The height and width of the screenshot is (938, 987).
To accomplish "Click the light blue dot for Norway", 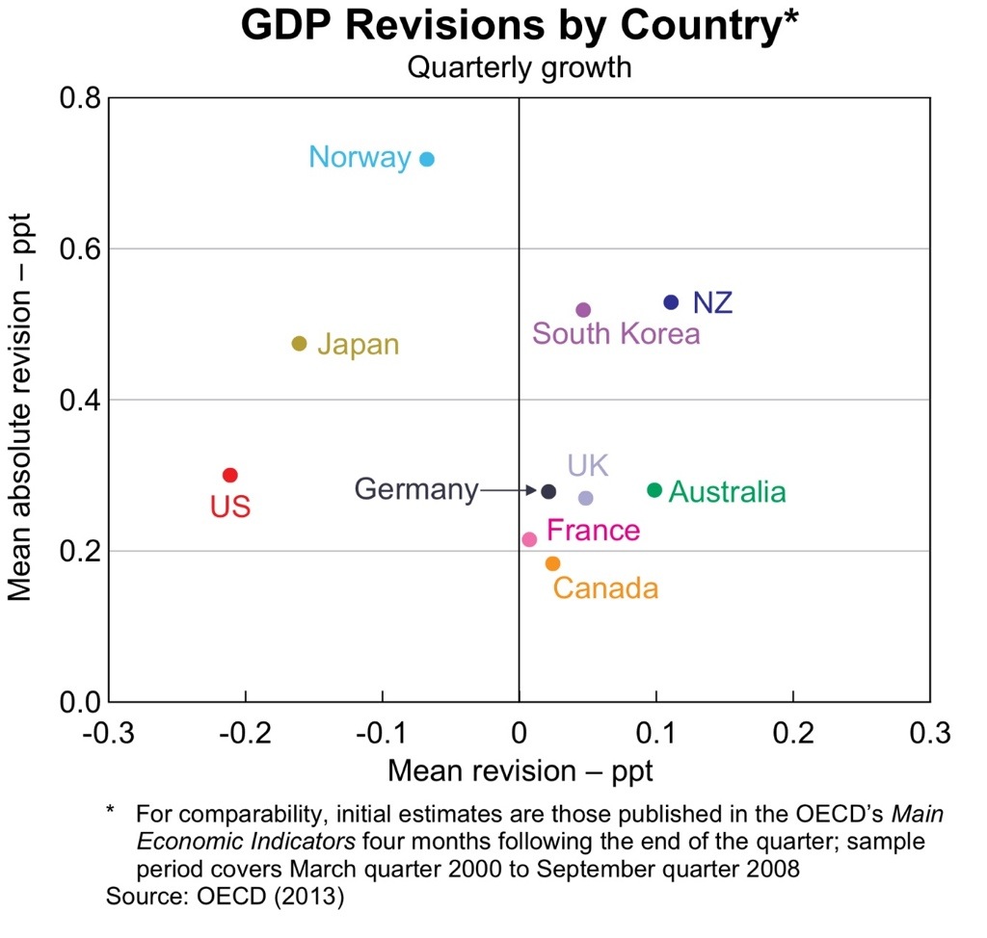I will point(427,159).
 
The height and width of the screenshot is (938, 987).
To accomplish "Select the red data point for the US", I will point(229,475).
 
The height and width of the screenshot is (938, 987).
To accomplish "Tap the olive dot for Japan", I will point(299,344).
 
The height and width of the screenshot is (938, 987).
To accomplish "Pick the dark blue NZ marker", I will point(671,302).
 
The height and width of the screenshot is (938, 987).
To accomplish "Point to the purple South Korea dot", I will point(583,310).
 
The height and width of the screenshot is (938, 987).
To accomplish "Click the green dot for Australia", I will point(654,490).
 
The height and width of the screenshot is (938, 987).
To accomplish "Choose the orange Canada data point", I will point(552,563).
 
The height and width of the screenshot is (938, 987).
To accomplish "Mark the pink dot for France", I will point(529,539).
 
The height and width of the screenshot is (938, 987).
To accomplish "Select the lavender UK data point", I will point(585,498).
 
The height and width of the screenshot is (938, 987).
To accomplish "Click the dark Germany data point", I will point(548,491).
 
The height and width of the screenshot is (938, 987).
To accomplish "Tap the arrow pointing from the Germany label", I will point(509,491).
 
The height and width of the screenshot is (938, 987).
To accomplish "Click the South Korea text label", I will point(616,334).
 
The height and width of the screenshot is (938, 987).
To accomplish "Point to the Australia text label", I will point(727,492).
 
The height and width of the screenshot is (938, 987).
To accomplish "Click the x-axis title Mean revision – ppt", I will point(520,771).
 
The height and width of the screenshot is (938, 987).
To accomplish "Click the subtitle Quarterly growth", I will point(519,67).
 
